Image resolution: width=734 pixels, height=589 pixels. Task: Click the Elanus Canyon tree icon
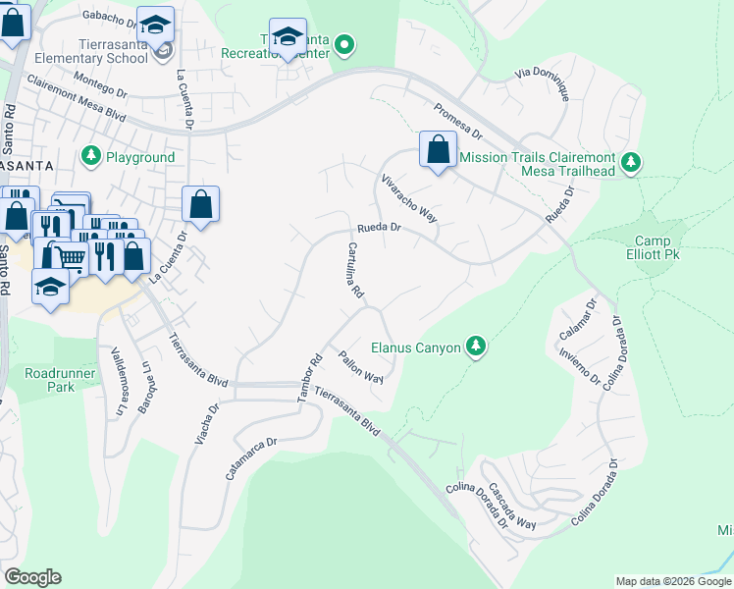tap(476, 346)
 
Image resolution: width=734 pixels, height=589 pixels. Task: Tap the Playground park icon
tap(91, 156)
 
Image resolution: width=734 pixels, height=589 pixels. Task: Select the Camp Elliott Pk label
tap(653, 248)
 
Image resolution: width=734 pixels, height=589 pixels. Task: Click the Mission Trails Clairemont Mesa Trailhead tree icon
tap(633, 160)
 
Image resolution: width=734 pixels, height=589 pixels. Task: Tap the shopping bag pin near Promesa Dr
tap(438, 150)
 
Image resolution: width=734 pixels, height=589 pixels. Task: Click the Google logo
tap(32, 576)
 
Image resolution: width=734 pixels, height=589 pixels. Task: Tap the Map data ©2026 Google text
tap(672, 581)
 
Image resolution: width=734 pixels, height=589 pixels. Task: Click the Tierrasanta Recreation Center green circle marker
tap(343, 43)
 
